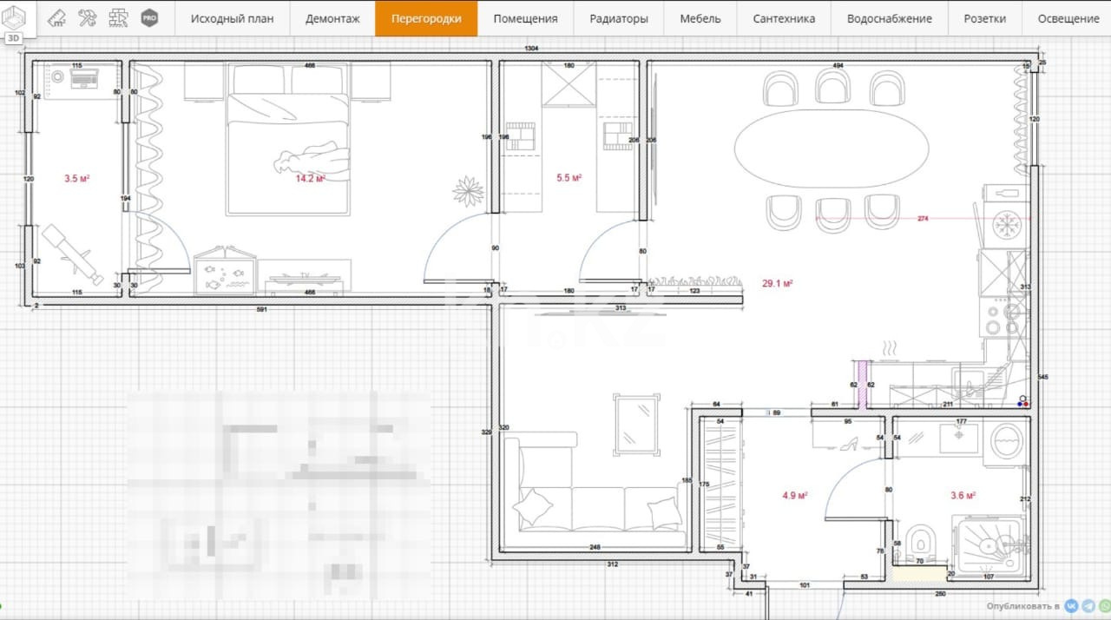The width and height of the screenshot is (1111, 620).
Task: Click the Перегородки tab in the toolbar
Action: pyautogui.click(x=426, y=18)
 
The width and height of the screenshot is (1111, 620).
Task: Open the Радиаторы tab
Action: pyautogui.click(x=618, y=18)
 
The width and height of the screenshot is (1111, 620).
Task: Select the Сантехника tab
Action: pyautogui.click(x=784, y=18)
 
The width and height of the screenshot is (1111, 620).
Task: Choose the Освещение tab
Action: pyautogui.click(x=1068, y=18)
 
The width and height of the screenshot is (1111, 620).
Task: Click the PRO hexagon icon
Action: pyautogui.click(x=149, y=17)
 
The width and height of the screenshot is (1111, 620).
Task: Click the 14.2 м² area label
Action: pyautogui.click(x=310, y=179)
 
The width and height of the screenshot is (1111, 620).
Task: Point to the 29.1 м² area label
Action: pyautogui.click(x=777, y=283)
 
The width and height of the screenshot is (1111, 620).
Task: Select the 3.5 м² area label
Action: pyautogui.click(x=77, y=179)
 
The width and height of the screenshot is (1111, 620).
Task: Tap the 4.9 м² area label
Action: pyautogui.click(x=794, y=496)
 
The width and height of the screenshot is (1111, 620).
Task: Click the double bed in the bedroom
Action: pyautogui.click(x=288, y=152)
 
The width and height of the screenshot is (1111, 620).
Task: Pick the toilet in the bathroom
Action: pyautogui.click(x=919, y=543)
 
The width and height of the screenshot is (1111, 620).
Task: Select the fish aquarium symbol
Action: pyautogui.click(x=225, y=274)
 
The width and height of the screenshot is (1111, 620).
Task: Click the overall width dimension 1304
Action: pyautogui.click(x=530, y=49)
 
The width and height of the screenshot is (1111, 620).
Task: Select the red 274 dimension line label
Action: pyautogui.click(x=923, y=219)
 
